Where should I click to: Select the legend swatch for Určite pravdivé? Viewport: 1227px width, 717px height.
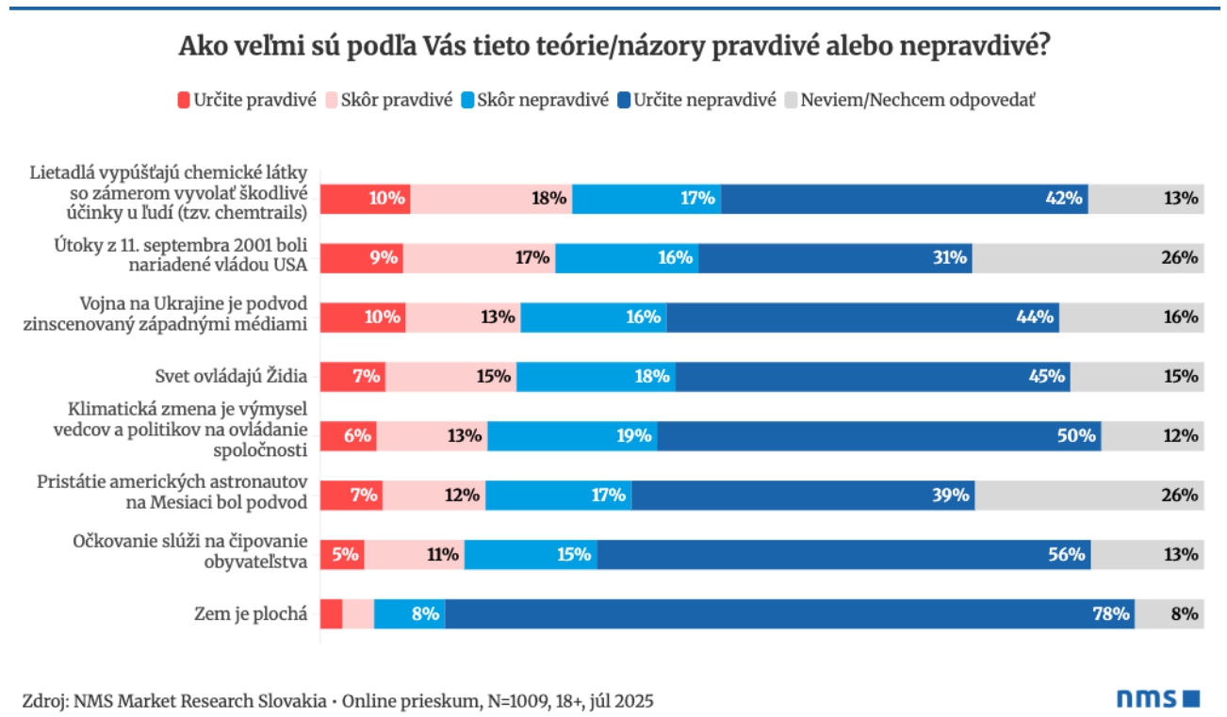point(184,100)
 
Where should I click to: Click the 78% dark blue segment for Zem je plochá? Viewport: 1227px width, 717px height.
point(789,613)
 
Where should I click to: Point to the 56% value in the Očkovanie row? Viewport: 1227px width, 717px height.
point(1067,554)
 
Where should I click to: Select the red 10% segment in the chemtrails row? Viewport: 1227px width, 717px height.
point(365,198)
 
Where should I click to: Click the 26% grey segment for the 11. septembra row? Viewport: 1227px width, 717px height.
point(1088,257)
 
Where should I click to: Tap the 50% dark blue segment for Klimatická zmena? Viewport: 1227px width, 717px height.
point(878,435)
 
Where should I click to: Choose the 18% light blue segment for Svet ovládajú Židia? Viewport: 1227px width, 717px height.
point(596,376)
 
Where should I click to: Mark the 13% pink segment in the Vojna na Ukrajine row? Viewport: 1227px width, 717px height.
point(463,317)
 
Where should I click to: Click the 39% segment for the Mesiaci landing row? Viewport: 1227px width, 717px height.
point(802,495)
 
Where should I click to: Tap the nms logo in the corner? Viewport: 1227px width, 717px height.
point(1157,698)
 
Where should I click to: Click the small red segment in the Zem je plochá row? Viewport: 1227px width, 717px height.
point(331,613)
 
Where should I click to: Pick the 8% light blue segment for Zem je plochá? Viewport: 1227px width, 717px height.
point(409,613)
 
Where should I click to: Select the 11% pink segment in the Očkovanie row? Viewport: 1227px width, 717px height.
point(414,554)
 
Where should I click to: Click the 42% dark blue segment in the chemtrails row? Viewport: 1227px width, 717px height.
point(904,198)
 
